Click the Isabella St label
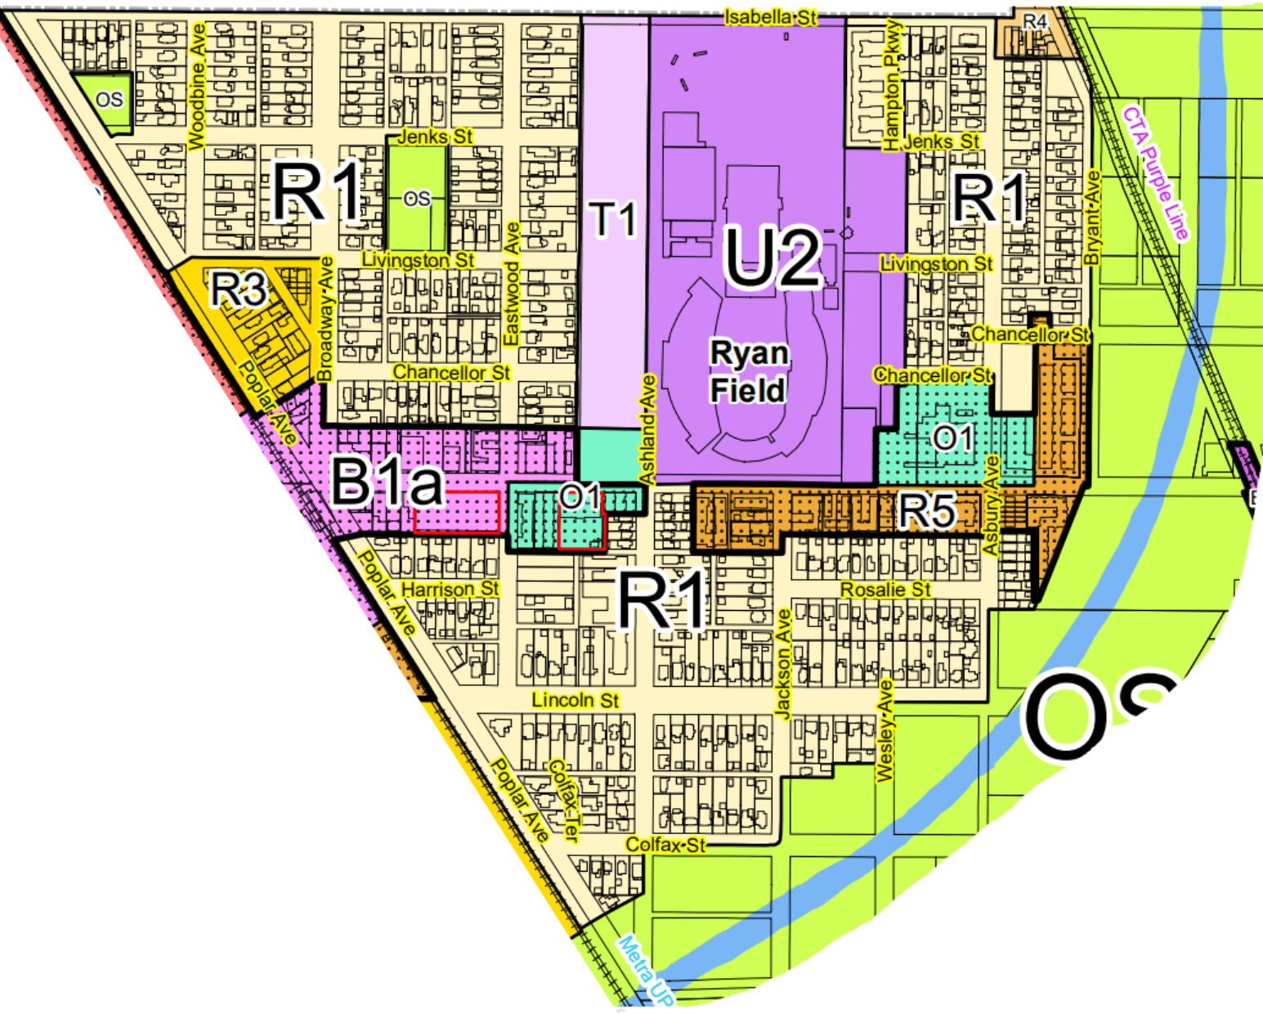point(770,17)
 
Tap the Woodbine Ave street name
point(197,87)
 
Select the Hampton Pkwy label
point(892,86)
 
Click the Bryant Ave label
point(1092,218)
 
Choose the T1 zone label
point(613,219)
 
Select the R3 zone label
point(239,289)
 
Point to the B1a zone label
point(387,482)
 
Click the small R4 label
point(1035,22)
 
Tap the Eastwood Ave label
point(512,284)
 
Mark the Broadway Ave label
point(325,319)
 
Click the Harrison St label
point(450,590)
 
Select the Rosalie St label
point(885,590)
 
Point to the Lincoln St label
point(575,701)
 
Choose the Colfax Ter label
point(564,801)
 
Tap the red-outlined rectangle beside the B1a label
point(456,513)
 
